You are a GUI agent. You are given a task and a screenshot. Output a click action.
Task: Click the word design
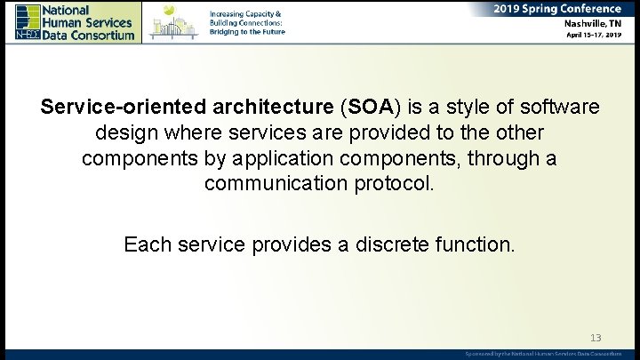(x=124, y=133)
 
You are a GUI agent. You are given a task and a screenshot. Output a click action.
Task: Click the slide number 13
(x=596, y=338)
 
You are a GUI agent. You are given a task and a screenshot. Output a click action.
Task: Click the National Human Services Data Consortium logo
(x=76, y=21)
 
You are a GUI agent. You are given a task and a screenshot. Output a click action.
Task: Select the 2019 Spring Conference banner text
(x=559, y=8)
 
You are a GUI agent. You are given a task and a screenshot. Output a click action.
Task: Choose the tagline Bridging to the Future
(x=247, y=31)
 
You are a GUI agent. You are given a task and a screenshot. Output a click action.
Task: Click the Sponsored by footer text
(x=543, y=354)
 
